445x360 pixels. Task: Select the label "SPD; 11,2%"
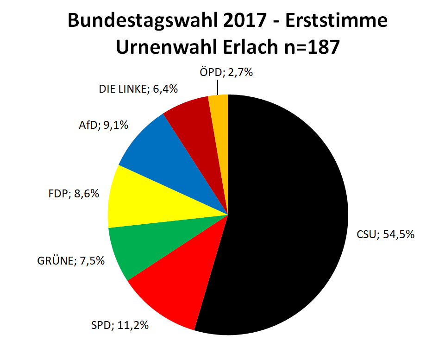tap(120, 325)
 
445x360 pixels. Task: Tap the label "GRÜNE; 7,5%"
tap(71, 261)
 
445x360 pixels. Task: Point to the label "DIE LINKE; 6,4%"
tap(138, 89)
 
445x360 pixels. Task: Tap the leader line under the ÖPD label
tap(217, 87)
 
